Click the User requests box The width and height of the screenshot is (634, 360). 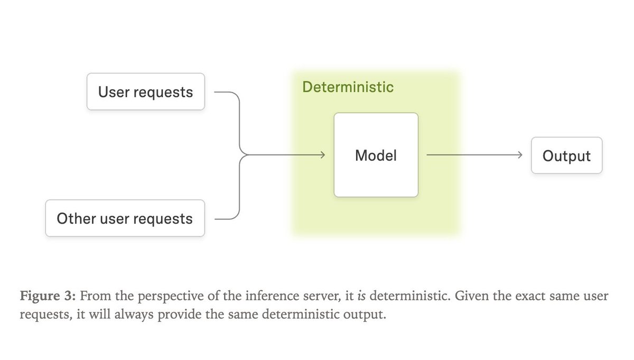[145, 92]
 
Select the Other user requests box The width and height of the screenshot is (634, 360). [125, 218]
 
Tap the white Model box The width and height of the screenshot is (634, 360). [376, 155]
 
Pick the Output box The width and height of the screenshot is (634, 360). [566, 156]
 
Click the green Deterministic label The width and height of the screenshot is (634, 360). [348, 87]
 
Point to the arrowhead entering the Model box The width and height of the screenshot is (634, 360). [321, 155]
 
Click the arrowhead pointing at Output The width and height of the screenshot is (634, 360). [520, 155]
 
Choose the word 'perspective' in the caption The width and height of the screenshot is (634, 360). [152, 296]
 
